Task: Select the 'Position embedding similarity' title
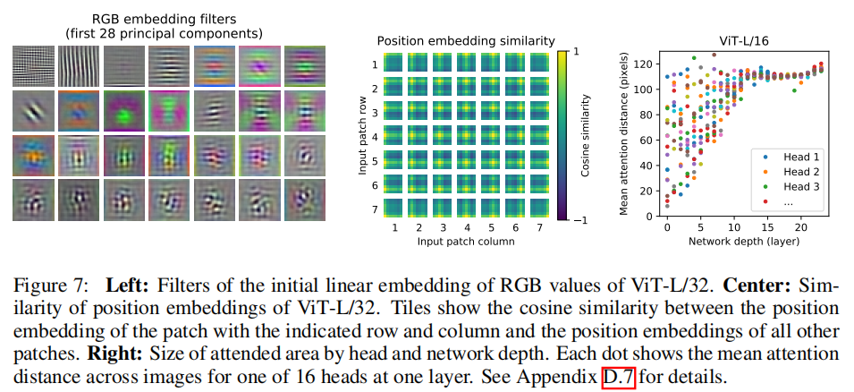click(x=466, y=41)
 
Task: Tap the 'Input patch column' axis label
click(x=466, y=243)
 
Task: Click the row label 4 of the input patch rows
click(x=376, y=138)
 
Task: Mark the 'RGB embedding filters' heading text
click(x=164, y=18)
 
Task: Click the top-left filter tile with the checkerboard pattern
click(x=33, y=65)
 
